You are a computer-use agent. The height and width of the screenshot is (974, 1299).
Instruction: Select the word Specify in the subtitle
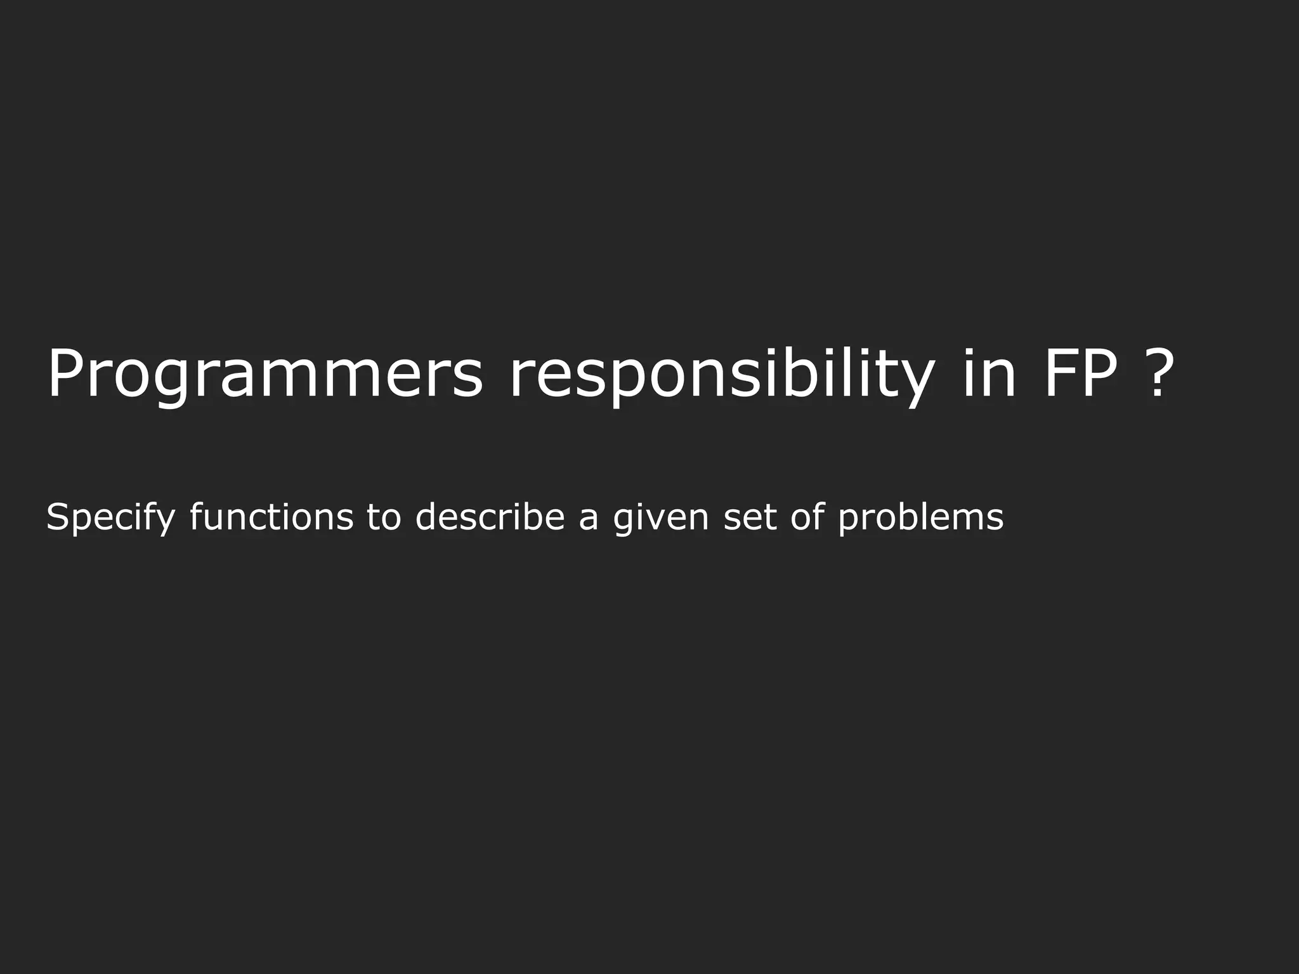coord(110,517)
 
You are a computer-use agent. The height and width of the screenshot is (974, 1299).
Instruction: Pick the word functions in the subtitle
coord(271,516)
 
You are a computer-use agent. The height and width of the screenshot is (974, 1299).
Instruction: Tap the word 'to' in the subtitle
coord(384,516)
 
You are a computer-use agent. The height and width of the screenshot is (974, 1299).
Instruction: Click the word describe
coord(490,516)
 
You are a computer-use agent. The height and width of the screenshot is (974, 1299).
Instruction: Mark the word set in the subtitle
coord(750,517)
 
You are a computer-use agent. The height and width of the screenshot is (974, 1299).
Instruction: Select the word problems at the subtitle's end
coord(921,517)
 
